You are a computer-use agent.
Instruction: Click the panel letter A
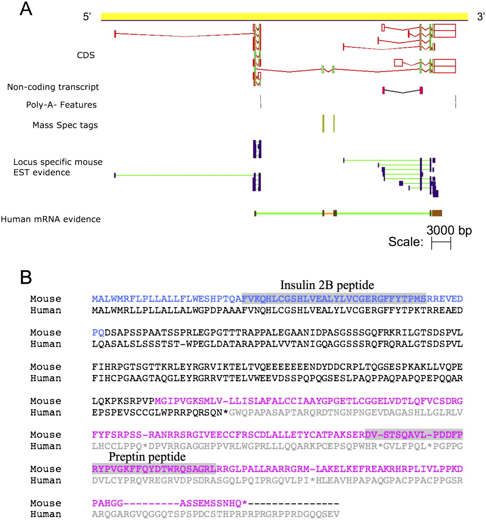26,9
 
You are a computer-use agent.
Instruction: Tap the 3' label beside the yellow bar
481,17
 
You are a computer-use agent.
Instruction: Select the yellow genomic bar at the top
284,16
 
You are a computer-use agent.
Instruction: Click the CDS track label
86,55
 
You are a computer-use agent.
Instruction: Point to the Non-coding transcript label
53,87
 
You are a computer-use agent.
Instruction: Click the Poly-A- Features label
61,105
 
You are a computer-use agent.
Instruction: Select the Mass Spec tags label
65,125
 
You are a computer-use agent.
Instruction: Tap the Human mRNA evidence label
51,219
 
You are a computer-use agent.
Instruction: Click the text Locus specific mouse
58,162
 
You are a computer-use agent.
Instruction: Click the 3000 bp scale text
449,231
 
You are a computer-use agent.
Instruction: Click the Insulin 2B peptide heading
327,285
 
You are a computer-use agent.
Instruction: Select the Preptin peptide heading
147,457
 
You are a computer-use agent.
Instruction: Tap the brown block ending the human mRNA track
437,213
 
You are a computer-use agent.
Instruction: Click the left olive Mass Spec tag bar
323,123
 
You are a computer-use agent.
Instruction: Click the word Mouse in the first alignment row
46,299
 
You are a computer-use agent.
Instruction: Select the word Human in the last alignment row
46,514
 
